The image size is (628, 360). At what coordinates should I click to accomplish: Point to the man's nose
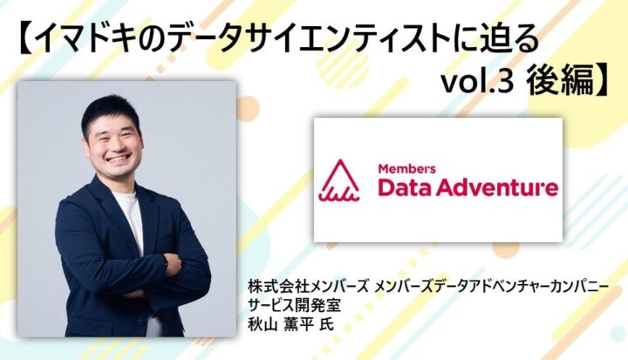point(119,147)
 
